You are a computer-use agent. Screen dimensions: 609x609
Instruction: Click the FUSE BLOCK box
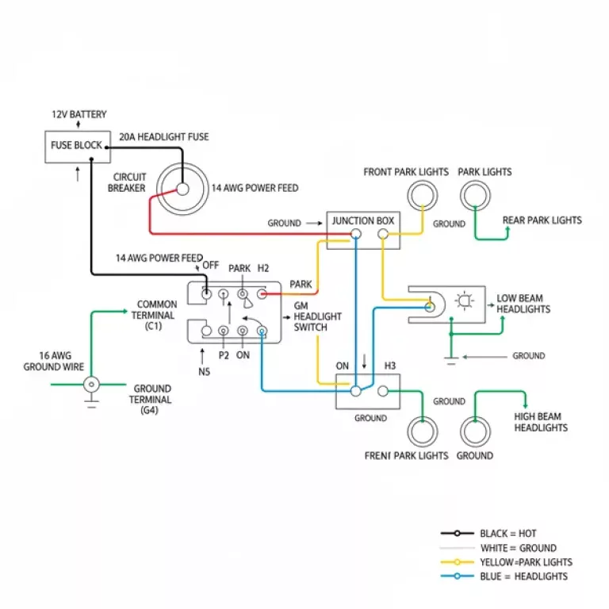[x=77, y=146]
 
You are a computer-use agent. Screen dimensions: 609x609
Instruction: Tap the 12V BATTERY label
[x=79, y=115]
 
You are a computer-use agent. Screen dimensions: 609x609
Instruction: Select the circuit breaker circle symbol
[x=182, y=189]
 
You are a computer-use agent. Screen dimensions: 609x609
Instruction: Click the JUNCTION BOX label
[x=363, y=220]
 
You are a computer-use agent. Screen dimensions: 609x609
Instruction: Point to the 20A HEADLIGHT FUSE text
[x=164, y=137]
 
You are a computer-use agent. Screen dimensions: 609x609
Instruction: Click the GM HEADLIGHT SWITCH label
[x=317, y=316]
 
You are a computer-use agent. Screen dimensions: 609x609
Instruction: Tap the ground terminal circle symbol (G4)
[x=93, y=385]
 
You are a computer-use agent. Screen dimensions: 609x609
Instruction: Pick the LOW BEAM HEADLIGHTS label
[x=523, y=304]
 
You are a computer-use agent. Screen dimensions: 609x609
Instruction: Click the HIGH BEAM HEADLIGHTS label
[x=541, y=422]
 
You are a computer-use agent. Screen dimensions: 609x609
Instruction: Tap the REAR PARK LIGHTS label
[x=542, y=220]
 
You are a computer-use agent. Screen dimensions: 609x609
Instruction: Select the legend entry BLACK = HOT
[x=507, y=534]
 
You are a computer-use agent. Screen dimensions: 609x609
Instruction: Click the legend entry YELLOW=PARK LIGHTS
[x=526, y=562]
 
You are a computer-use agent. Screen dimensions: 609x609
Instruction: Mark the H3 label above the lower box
[x=390, y=366]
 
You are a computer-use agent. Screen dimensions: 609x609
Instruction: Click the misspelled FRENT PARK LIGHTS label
[x=406, y=456]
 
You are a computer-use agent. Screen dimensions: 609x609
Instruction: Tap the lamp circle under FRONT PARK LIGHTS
[x=423, y=195]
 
